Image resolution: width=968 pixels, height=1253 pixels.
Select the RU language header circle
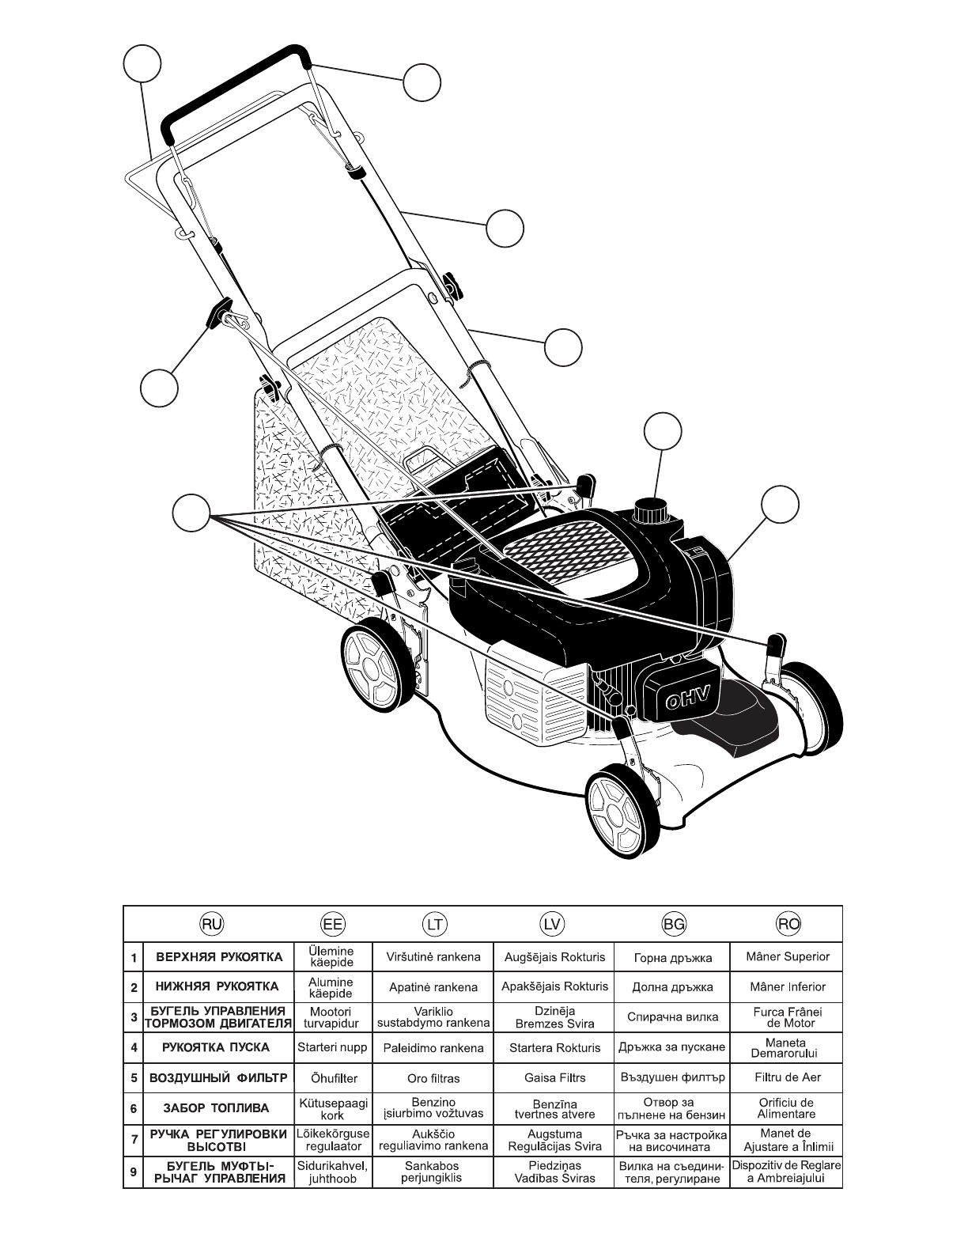(211, 923)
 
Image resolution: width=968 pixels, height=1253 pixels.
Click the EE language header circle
(332, 923)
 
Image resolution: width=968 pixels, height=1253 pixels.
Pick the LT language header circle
(434, 923)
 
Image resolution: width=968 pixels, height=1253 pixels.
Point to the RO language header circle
(788, 923)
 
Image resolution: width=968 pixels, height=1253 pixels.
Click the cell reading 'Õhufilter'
(332, 1077)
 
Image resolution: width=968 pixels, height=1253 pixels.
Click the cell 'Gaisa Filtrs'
(554, 1077)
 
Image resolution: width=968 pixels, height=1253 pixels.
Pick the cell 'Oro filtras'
(433, 1078)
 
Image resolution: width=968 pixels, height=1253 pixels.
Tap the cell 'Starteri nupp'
(332, 1047)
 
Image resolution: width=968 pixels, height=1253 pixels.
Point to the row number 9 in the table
(134, 1172)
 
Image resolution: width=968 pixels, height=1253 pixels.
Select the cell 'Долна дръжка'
(673, 987)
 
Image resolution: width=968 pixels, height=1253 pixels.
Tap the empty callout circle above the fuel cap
(663, 432)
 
